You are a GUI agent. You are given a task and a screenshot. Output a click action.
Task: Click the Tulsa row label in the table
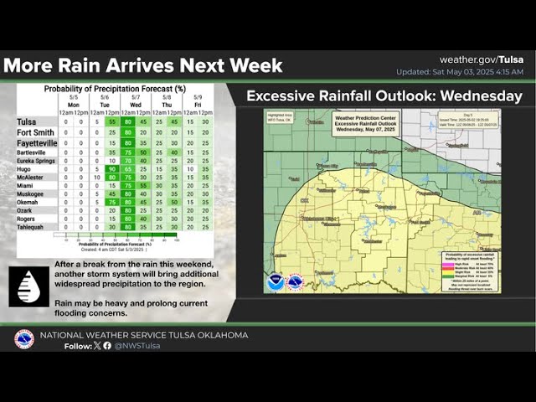point(26,121)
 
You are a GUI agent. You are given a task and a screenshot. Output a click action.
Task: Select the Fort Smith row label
point(34,132)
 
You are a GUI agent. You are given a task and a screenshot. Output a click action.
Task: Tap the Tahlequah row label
point(33,226)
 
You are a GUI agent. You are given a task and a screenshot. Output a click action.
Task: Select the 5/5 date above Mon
point(73,96)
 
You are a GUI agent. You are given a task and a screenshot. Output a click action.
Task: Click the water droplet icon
point(28,286)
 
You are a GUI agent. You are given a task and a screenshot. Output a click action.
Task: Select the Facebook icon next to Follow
point(106,345)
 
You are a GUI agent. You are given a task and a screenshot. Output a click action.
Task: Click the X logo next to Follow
point(96,345)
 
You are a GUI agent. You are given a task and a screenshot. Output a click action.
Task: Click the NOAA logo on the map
point(276,281)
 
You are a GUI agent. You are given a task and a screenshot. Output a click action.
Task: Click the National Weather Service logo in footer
point(24,339)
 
